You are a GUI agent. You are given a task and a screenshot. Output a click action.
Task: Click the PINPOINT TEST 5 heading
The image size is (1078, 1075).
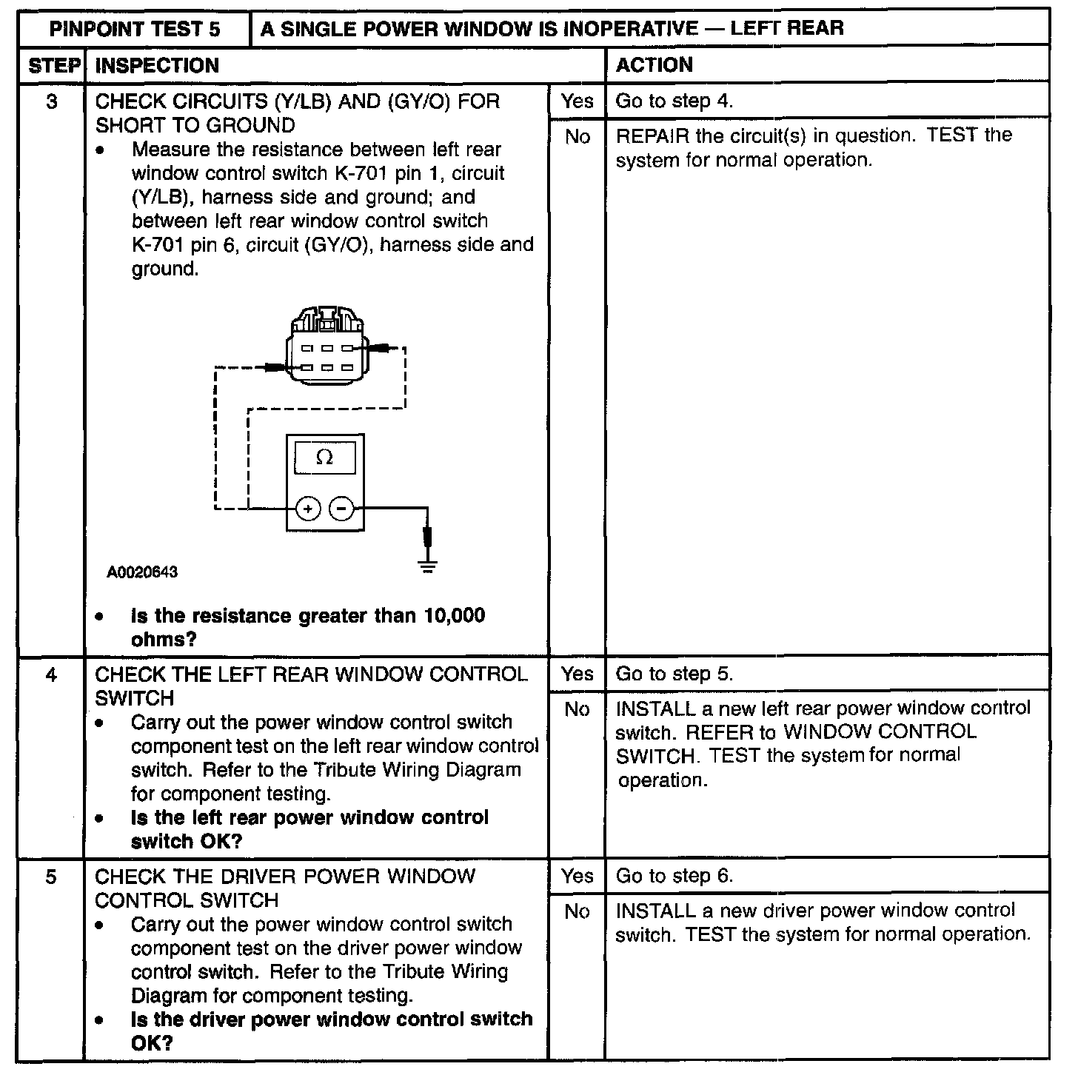coord(135,29)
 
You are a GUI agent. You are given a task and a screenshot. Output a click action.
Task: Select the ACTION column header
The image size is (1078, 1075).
coord(654,65)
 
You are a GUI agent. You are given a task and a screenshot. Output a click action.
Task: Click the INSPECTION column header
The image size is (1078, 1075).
coord(157,65)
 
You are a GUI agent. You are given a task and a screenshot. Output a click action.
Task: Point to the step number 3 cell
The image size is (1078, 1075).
coord(51,101)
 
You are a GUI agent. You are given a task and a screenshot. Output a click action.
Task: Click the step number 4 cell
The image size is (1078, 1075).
coord(51,674)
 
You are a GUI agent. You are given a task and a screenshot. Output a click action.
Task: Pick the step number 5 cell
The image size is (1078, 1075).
coord(51,877)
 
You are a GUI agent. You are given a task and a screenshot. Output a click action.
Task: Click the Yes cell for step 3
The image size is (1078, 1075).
coord(577,101)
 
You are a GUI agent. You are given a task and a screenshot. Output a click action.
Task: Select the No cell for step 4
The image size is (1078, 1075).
coord(577,709)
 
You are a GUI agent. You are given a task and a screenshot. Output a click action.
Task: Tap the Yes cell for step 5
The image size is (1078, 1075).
coord(577,876)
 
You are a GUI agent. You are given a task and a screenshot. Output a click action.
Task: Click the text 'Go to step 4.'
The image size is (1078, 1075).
coord(674,101)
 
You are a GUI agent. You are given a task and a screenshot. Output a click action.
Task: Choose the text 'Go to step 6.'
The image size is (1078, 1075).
coord(674,876)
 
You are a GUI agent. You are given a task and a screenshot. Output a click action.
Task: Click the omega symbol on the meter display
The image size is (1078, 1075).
coord(324,458)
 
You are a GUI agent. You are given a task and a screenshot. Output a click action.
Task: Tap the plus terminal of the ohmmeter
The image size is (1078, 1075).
coord(308,509)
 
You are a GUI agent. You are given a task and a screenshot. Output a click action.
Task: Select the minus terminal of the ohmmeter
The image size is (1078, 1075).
coord(341,509)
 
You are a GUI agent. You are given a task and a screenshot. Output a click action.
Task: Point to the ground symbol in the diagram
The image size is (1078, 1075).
coord(427,566)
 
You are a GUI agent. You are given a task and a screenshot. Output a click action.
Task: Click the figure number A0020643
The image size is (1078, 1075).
coord(142,572)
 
